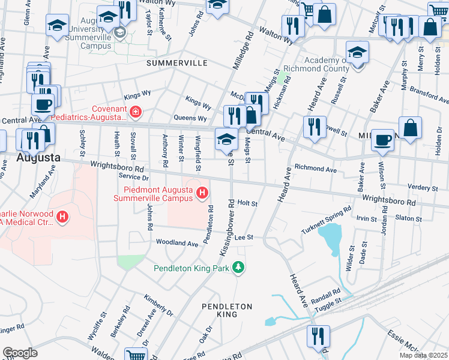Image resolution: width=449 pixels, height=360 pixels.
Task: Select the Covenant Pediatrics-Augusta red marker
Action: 136,112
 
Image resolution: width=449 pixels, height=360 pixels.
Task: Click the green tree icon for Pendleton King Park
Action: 239,267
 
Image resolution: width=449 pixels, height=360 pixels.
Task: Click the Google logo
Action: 20,353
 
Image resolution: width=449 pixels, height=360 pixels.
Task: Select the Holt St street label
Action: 247,203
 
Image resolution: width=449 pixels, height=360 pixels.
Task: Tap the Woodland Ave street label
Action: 177,244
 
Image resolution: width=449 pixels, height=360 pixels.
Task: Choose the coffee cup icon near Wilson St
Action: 382,140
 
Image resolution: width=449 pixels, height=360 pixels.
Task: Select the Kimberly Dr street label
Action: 158,304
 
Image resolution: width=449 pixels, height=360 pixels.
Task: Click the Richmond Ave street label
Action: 315,170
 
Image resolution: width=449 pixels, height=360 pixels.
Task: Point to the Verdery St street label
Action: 423,188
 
